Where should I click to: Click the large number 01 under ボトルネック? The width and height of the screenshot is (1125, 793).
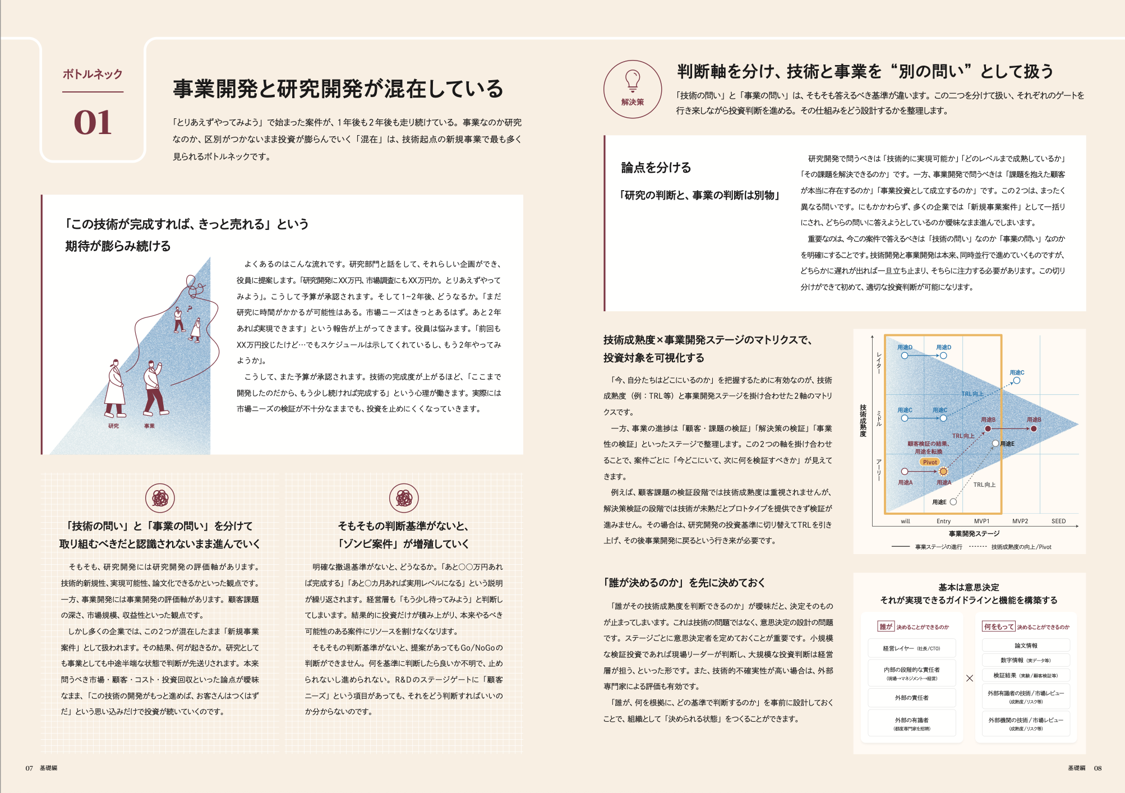tap(93, 122)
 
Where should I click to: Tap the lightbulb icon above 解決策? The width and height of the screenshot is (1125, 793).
tap(633, 80)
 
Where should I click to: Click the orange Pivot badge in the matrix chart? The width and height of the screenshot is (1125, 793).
tap(929, 462)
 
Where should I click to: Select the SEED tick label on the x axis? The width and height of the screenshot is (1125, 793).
tap(1058, 521)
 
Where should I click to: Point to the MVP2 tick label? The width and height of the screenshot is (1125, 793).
tap(1020, 521)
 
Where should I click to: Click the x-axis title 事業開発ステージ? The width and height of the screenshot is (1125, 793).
tap(974, 533)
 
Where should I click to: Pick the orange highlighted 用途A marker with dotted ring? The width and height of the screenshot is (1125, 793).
tap(943, 472)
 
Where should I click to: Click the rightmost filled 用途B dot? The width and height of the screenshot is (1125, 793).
tap(1034, 429)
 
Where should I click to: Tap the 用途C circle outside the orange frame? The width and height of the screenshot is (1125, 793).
tap(1017, 381)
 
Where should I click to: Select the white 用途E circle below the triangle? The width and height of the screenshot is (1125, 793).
tap(953, 502)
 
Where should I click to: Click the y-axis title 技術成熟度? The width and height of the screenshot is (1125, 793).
tap(863, 420)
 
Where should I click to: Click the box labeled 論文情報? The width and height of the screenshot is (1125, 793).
tap(1026, 646)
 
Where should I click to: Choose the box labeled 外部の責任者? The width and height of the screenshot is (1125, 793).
tap(911, 698)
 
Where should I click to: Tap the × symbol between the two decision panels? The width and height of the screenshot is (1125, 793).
tap(970, 678)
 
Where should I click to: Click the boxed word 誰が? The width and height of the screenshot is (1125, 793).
tap(886, 626)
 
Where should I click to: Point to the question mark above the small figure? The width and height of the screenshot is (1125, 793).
tap(190, 308)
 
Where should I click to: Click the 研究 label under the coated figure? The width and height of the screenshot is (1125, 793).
tap(113, 426)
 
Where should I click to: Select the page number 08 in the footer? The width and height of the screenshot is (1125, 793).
tap(1098, 768)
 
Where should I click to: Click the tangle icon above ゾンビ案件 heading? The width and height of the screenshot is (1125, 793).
tap(404, 498)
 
